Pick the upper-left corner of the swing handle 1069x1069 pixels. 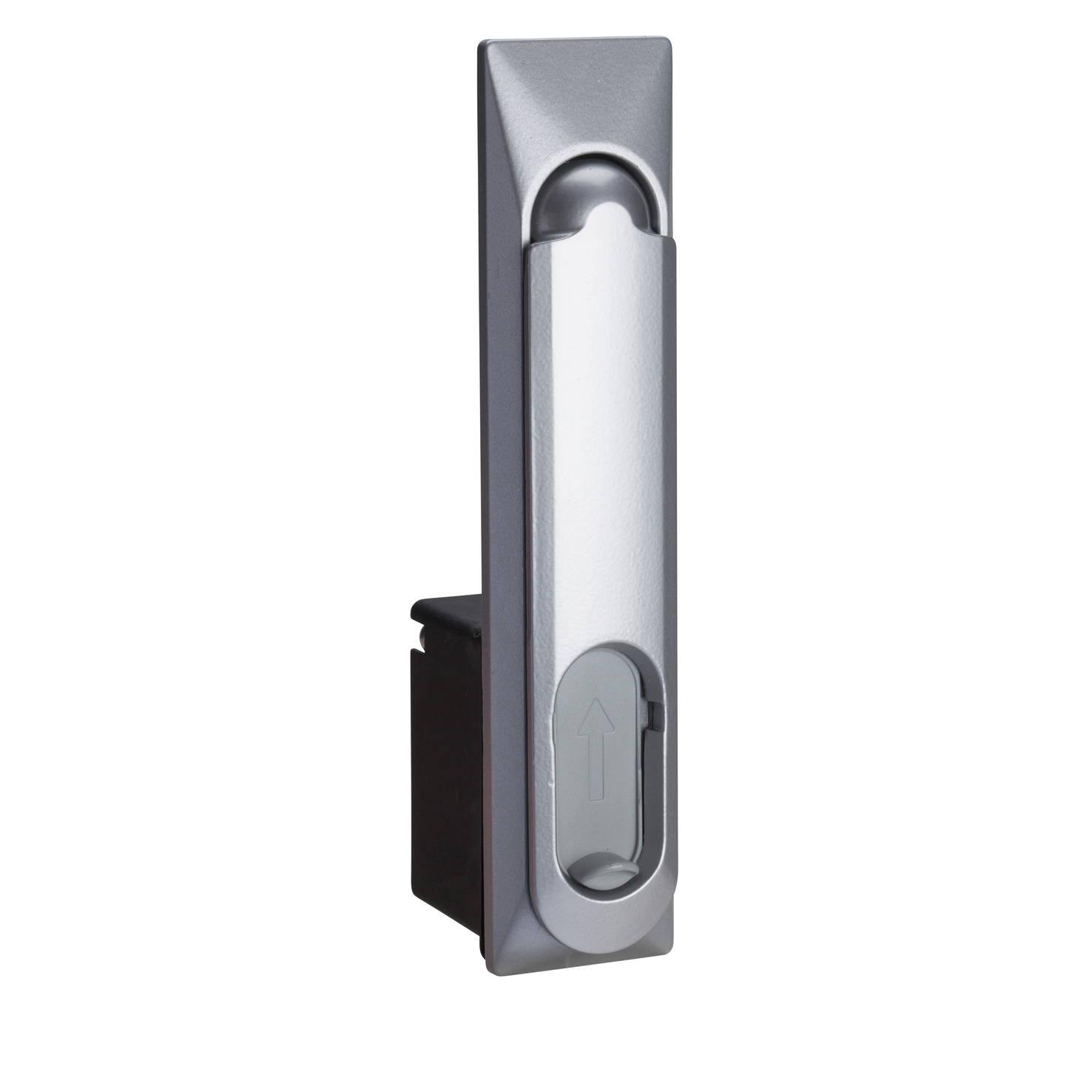tap(526, 250)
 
